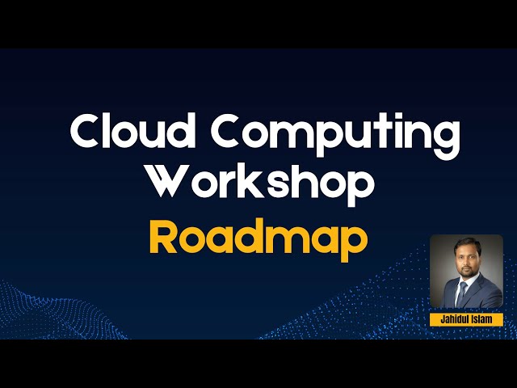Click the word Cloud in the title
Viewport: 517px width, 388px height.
point(129,131)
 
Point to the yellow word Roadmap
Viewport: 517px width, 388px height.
point(258,236)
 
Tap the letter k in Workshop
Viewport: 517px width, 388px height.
point(265,182)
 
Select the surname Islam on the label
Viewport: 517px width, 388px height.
point(482,319)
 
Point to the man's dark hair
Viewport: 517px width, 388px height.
point(465,245)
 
